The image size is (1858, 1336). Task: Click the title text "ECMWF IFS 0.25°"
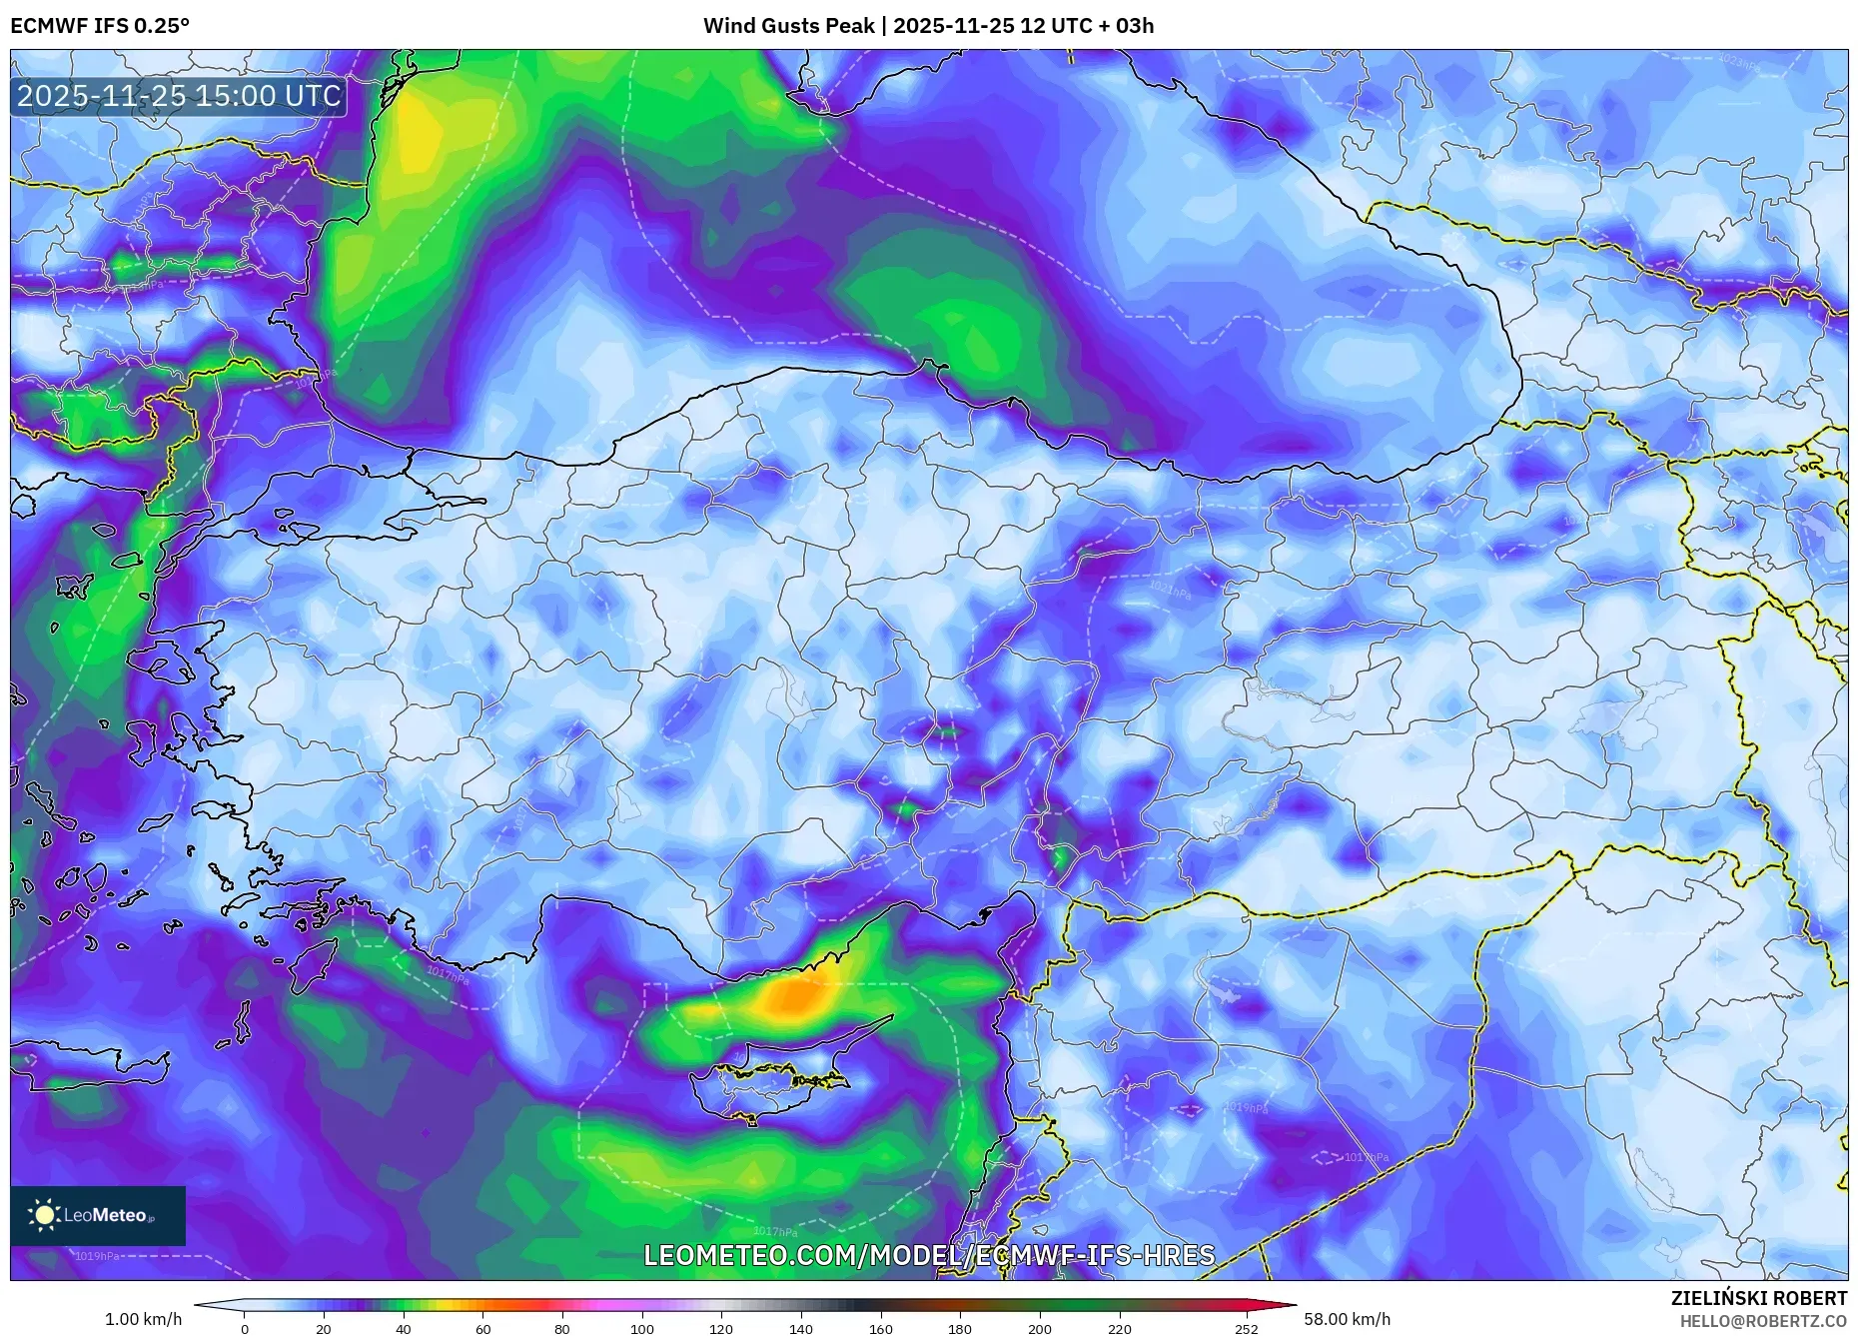click(99, 25)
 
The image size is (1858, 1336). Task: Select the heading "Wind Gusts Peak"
click(788, 25)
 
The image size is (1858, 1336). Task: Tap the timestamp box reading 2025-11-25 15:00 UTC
click(179, 96)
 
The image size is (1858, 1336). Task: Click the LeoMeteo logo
click(98, 1215)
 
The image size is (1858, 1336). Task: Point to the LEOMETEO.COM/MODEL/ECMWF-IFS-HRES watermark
click(929, 1255)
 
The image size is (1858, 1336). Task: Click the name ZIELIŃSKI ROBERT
click(1758, 1298)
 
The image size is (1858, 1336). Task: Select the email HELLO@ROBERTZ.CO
click(1762, 1321)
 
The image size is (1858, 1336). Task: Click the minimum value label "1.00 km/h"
click(143, 1319)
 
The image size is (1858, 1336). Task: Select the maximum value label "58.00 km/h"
click(1347, 1319)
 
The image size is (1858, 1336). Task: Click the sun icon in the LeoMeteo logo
click(45, 1215)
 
